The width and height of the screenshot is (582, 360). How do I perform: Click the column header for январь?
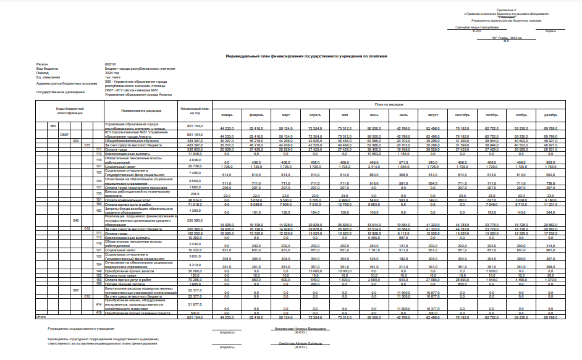click(x=227, y=115)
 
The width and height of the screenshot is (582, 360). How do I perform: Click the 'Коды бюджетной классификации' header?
click(x=70, y=111)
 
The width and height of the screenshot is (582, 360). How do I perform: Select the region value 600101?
click(x=111, y=64)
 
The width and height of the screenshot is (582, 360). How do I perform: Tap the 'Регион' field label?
click(x=42, y=64)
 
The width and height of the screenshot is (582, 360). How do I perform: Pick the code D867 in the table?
click(x=64, y=134)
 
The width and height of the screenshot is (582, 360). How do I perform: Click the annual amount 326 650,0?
click(x=191, y=149)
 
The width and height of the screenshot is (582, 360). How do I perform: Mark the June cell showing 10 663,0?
click(x=374, y=153)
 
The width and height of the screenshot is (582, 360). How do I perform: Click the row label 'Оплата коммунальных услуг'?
click(x=129, y=200)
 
